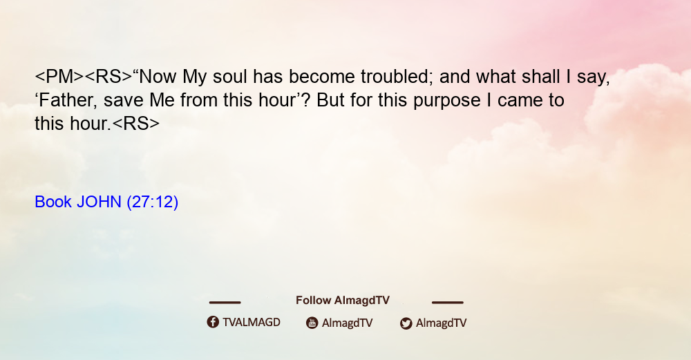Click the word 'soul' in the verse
point(229,77)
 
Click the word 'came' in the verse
point(520,100)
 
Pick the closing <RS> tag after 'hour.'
point(136,124)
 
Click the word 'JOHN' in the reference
point(99,202)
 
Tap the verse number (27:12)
point(153,202)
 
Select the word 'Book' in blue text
point(53,202)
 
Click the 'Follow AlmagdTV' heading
point(343,300)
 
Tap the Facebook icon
point(213,322)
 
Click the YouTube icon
point(312,323)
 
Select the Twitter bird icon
point(406,323)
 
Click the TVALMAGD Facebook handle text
point(252,322)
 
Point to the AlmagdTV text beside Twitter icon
point(441,323)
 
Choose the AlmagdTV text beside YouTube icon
point(348,323)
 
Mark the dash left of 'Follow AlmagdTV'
point(225,302)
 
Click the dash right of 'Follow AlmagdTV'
point(447,302)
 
